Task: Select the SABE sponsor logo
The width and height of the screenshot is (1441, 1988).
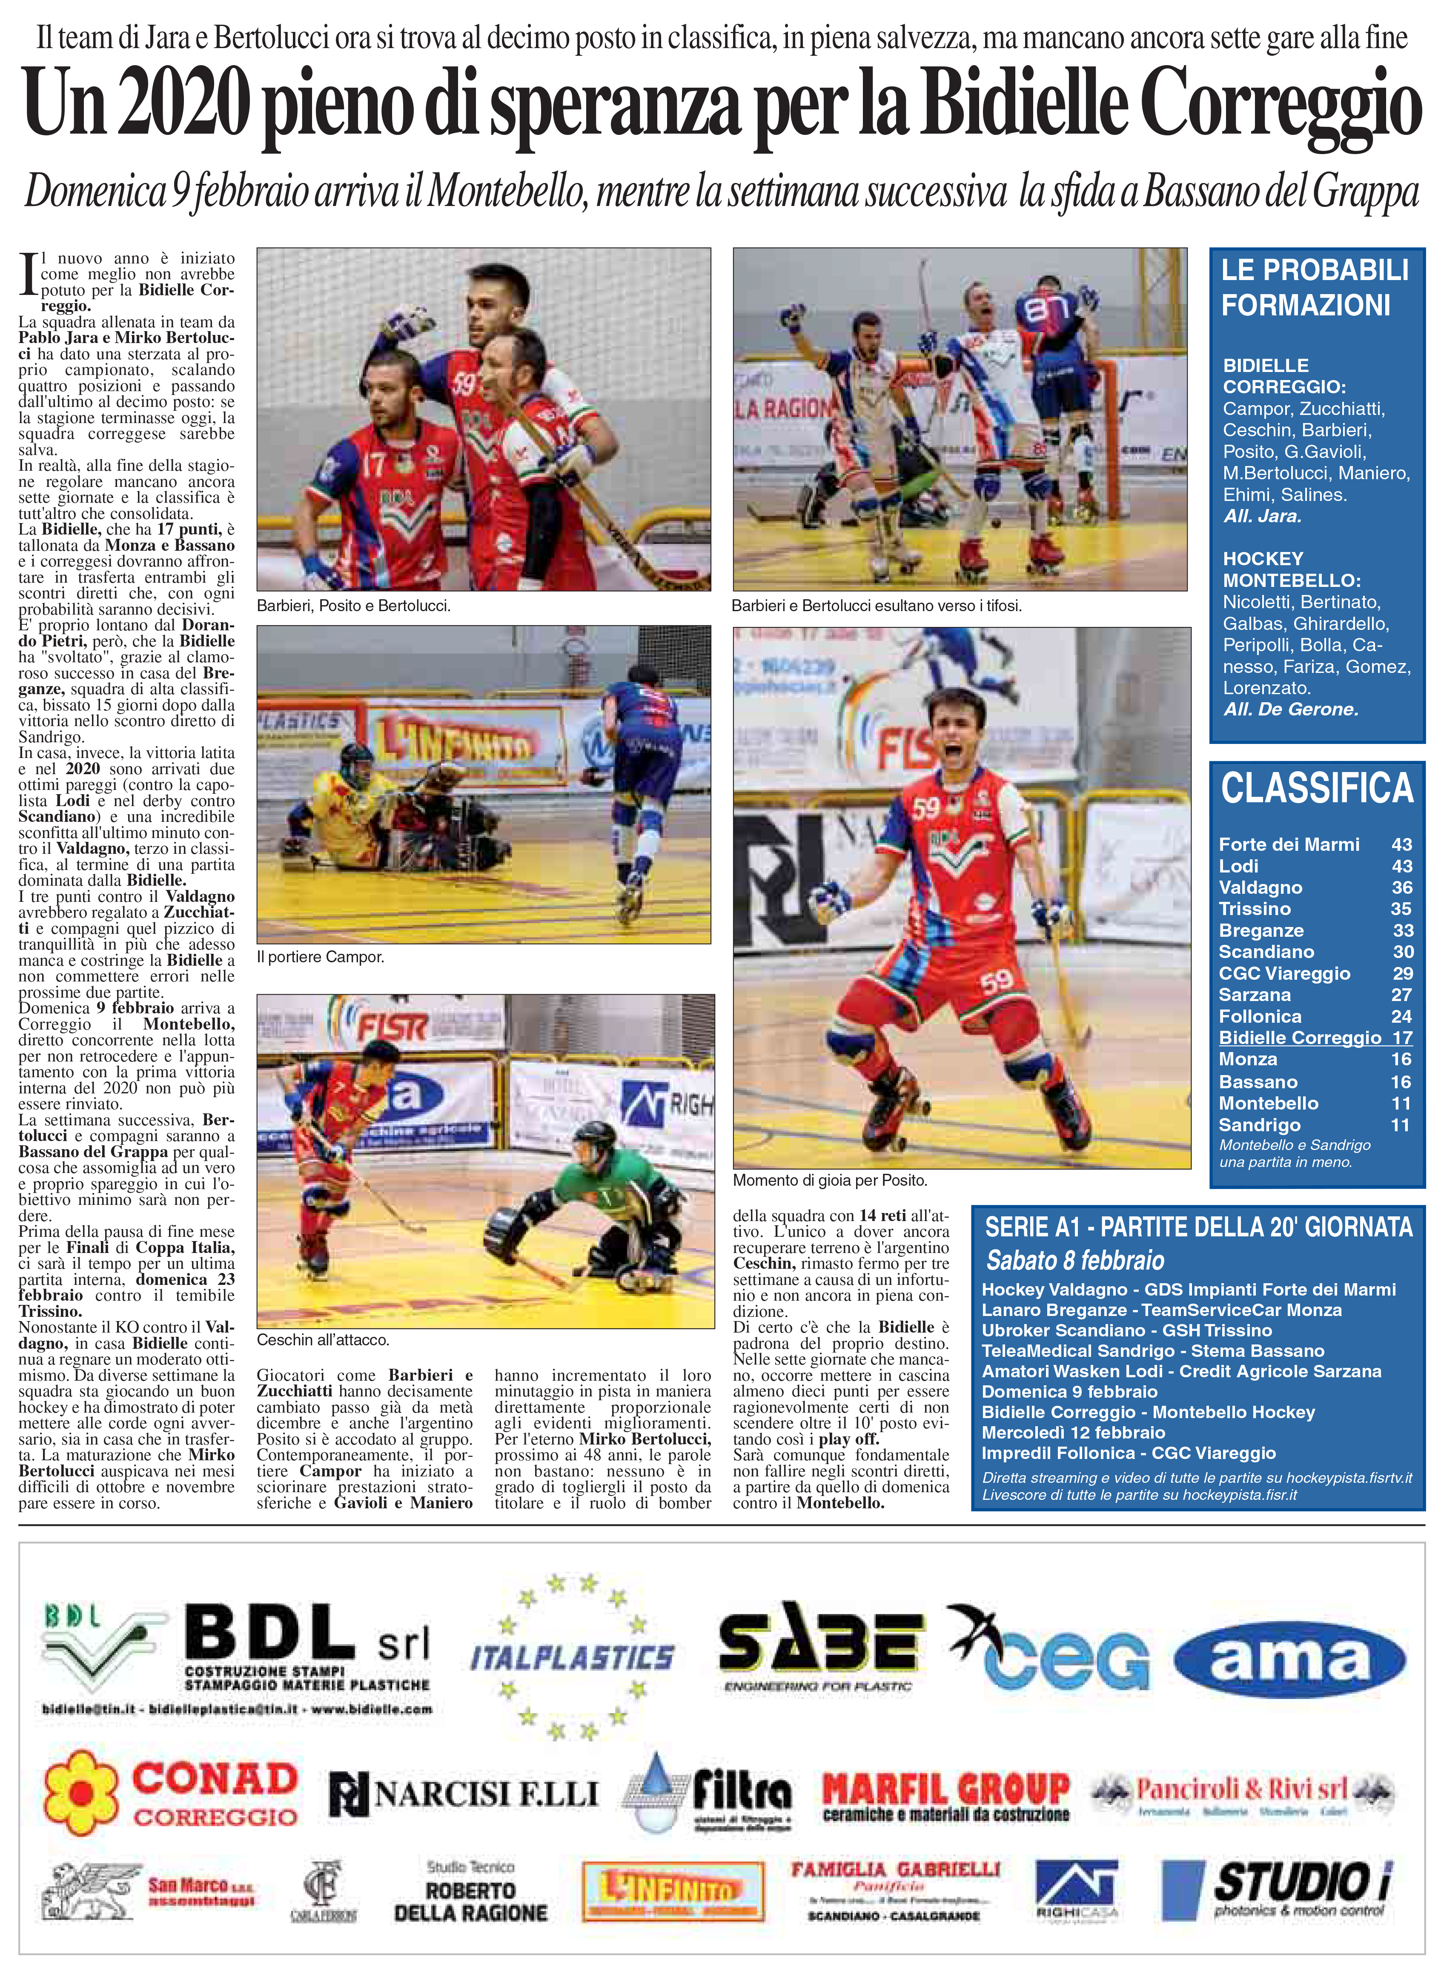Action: tap(818, 1648)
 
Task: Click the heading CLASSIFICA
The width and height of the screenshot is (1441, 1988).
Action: tap(1317, 788)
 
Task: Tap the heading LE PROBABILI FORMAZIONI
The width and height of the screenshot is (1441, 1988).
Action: tap(1315, 288)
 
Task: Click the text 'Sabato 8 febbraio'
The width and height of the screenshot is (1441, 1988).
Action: tap(1074, 1261)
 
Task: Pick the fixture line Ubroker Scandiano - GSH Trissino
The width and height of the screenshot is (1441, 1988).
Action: tap(1126, 1330)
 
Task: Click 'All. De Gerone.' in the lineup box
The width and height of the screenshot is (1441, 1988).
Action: tap(1290, 709)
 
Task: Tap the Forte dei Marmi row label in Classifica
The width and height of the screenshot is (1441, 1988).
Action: tap(1289, 844)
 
